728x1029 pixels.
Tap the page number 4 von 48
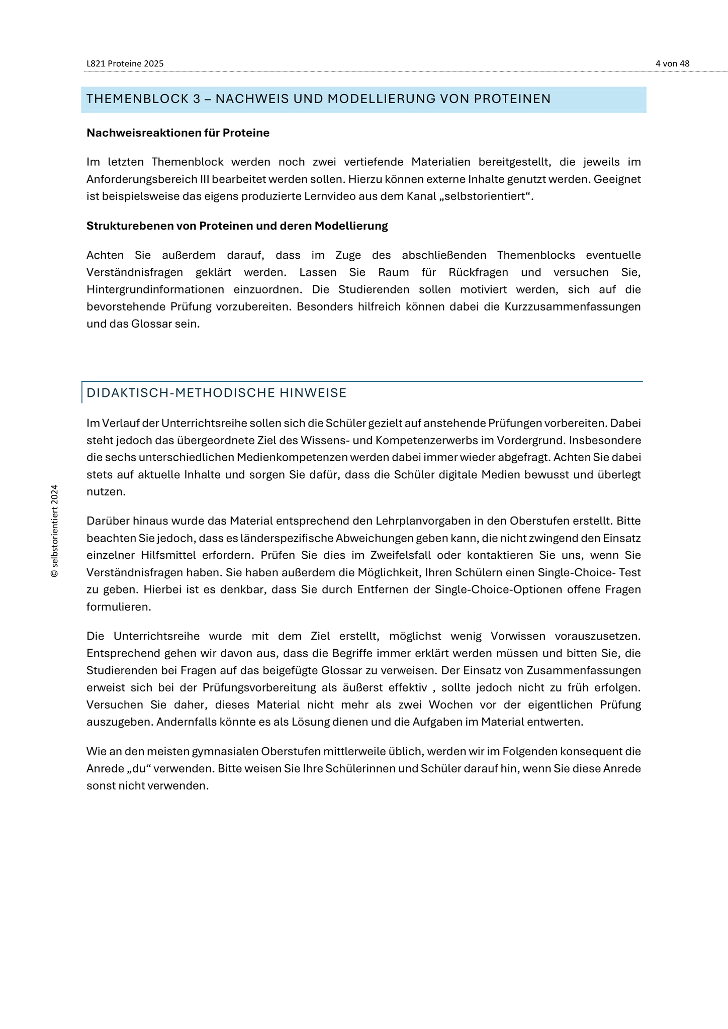pyautogui.click(x=672, y=64)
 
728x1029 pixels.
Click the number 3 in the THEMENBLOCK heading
pyautogui.click(x=197, y=99)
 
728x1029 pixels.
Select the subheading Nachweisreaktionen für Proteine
pyautogui.click(x=178, y=133)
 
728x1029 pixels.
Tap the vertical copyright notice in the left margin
pyautogui.click(x=55, y=531)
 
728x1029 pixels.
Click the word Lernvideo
pyautogui.click(x=326, y=196)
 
